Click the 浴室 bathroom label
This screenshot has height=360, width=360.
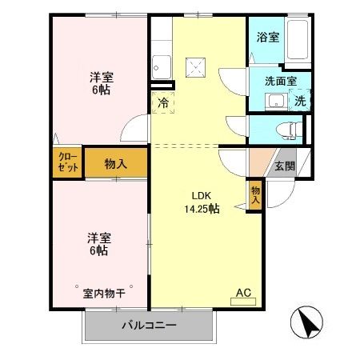pyautogui.click(x=266, y=38)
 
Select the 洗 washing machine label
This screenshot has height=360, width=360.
pyautogui.click(x=300, y=101)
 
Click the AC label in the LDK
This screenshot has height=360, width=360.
pyautogui.click(x=243, y=294)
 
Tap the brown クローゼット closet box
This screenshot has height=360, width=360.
pyautogui.click(x=67, y=162)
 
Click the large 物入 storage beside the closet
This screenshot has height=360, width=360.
pyautogui.click(x=116, y=163)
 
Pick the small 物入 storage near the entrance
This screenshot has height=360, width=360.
pyautogui.click(x=254, y=196)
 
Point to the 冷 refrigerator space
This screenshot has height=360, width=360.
pyautogui.click(x=163, y=102)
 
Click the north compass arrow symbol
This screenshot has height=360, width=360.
pyautogui.click(x=309, y=323)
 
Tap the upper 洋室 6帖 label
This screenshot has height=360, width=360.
pyautogui.click(x=101, y=84)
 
